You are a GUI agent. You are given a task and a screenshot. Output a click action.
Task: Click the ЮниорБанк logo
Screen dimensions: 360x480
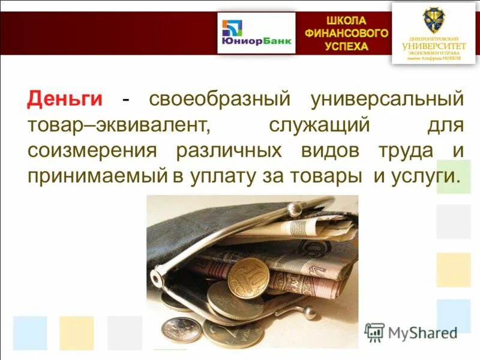[256, 34]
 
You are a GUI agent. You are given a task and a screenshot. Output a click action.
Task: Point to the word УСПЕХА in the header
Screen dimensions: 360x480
[346, 46]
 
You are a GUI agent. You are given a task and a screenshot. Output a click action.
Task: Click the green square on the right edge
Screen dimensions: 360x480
[454, 176]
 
